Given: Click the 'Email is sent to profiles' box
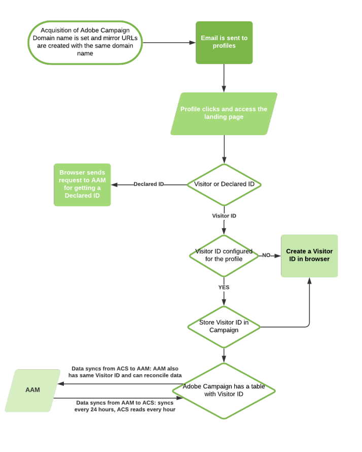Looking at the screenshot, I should tap(224, 43).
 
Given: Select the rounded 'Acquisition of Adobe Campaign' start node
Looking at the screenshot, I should tap(85, 42).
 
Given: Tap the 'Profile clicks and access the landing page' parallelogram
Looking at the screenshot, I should tap(224, 113).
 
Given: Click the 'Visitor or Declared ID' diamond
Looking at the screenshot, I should tap(224, 184).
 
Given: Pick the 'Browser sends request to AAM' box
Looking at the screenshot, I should tap(82, 184).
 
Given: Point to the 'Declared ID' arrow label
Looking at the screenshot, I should tap(148, 184).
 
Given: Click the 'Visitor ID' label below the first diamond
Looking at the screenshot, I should tap(224, 216).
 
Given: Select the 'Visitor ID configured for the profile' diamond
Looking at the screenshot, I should tap(224, 255).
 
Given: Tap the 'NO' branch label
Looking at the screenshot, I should tap(266, 255).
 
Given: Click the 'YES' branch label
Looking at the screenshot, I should tap(224, 287).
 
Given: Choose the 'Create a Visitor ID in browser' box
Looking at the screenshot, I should tap(309, 255).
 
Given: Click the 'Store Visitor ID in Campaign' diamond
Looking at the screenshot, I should tap(224, 326).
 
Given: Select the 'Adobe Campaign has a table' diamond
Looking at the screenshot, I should tap(224, 390).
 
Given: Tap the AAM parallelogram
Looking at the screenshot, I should tap(32, 390).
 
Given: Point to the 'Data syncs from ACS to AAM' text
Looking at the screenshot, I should tap(125, 371).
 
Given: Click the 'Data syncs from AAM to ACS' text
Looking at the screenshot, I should tap(125, 406).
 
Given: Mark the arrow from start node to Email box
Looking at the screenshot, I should tap(167, 43).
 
